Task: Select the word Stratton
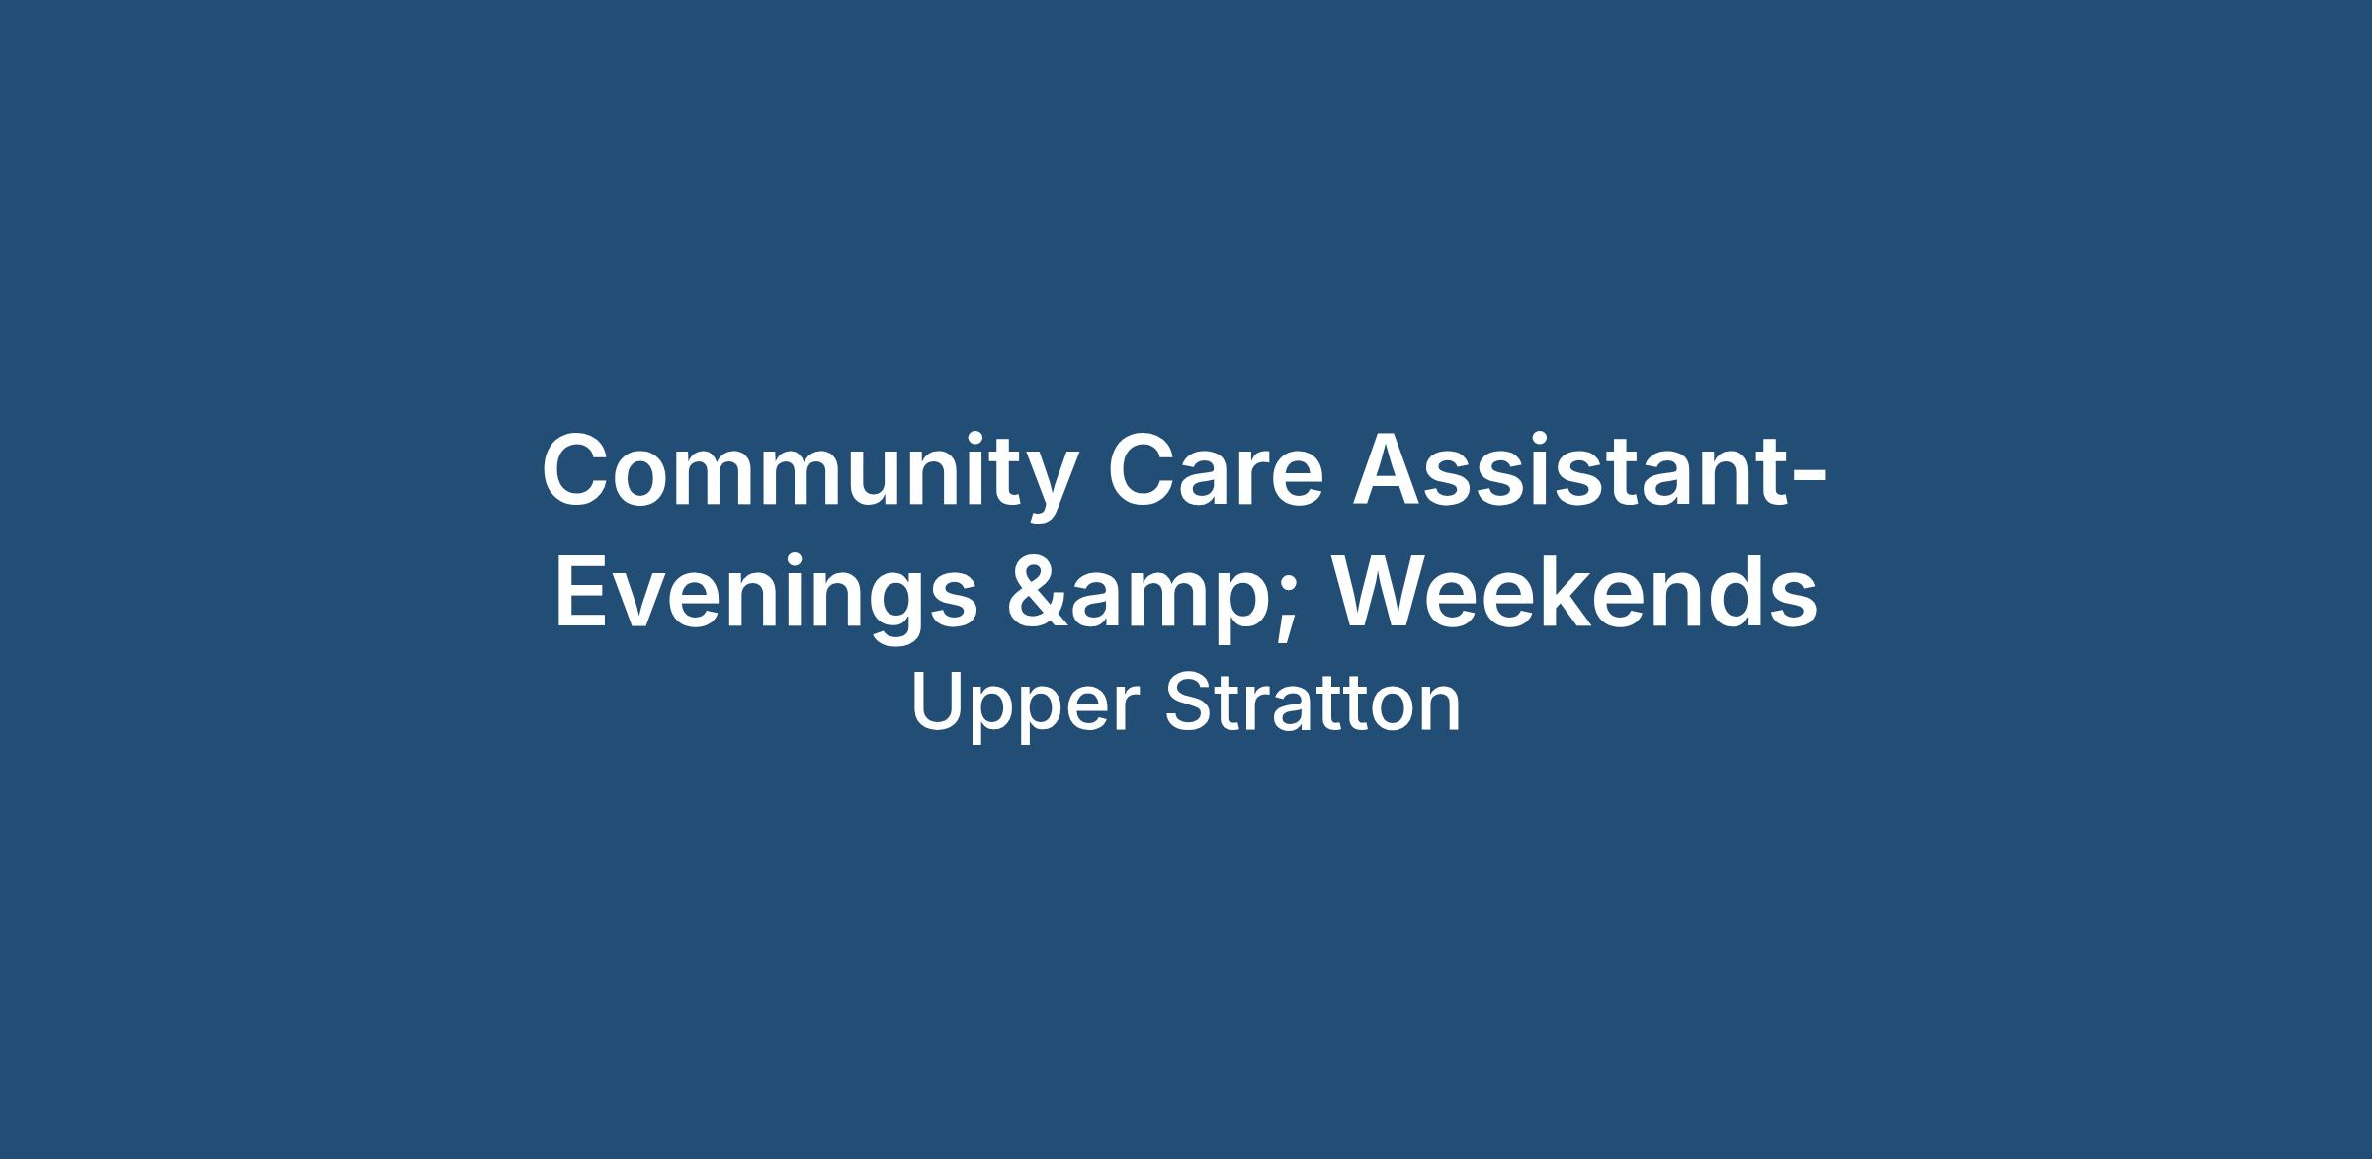click(x=1312, y=703)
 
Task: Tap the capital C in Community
click(x=578, y=470)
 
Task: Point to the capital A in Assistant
click(x=1390, y=470)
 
